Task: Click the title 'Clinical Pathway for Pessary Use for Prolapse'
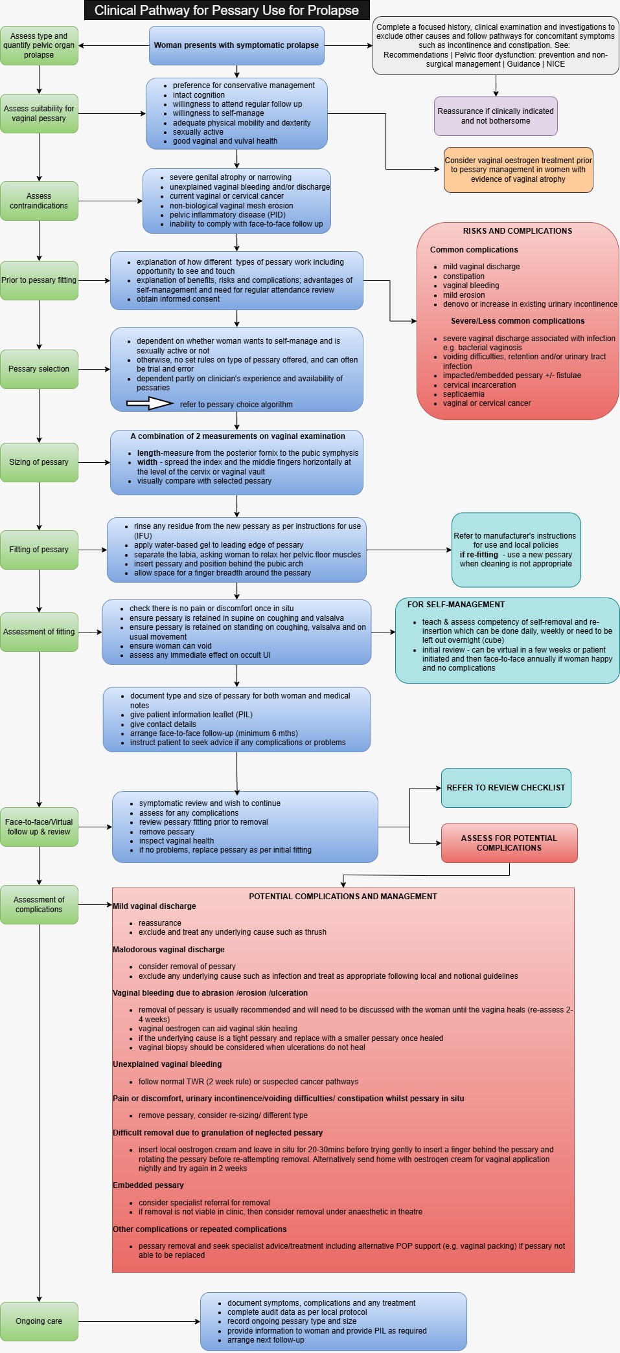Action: click(227, 10)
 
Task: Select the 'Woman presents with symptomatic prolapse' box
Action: click(236, 45)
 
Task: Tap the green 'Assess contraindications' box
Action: click(39, 201)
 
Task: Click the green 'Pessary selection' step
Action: click(39, 369)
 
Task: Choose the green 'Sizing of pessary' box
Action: click(39, 462)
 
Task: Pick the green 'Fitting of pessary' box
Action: click(39, 550)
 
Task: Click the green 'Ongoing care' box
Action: click(39, 1321)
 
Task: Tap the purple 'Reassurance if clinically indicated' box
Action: click(496, 116)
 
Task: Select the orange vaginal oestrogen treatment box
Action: click(518, 170)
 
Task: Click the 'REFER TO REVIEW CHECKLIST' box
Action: click(506, 788)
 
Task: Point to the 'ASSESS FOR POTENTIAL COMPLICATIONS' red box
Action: click(509, 843)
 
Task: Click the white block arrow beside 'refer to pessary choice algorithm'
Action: click(150, 404)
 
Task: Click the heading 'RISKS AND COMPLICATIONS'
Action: click(518, 231)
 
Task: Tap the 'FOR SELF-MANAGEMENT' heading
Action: click(456, 605)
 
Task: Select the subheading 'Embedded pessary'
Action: click(148, 1185)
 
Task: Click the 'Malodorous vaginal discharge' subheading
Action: click(168, 950)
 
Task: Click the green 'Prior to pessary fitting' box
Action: click(39, 280)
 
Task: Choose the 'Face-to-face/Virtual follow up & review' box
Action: click(39, 827)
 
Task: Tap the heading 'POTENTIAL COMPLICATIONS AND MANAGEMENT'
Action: click(343, 897)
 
